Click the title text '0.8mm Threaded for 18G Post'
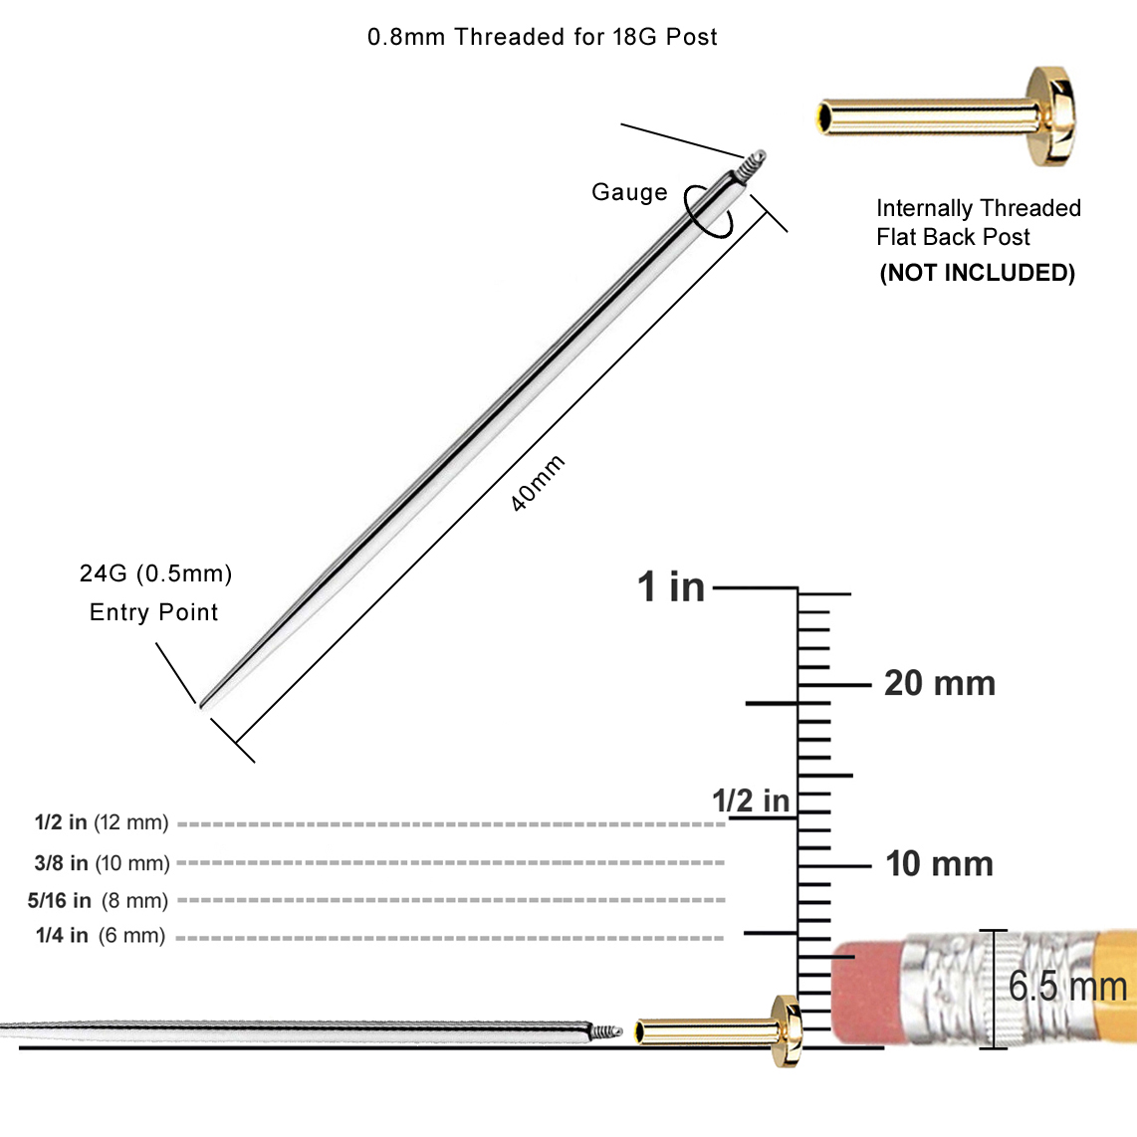[x=542, y=38]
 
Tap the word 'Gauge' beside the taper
[x=629, y=193]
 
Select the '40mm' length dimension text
[x=538, y=484]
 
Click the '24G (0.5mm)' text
[x=156, y=573]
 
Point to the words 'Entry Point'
[x=154, y=612]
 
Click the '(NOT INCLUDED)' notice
[x=977, y=273]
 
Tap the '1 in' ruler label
[x=671, y=587]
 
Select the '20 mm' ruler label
[x=939, y=684]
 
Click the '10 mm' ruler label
[x=939, y=864]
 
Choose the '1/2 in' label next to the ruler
[x=750, y=800]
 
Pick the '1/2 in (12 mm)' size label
[x=102, y=823]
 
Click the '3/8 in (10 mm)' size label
[x=102, y=863]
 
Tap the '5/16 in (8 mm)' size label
[x=98, y=901]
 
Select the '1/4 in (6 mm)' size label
[x=101, y=936]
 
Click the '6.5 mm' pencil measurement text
[x=1067, y=987]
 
